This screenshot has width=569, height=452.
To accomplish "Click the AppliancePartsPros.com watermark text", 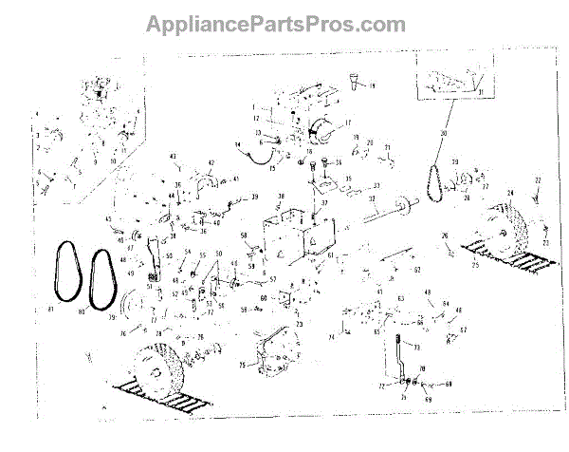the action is coord(275,24).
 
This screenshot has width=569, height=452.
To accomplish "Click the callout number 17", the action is coord(347,122).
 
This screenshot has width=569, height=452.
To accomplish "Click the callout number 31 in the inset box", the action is coord(482,91).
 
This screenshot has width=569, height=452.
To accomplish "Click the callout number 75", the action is coord(242,364).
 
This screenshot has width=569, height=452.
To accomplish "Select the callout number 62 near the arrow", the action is coord(415,270).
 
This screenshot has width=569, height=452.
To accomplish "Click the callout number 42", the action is coord(211,162).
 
